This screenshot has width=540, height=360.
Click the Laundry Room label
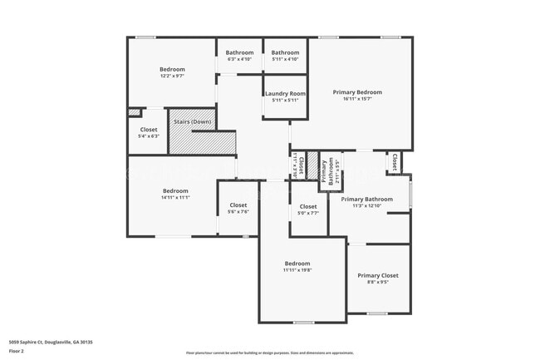pyautogui.click(x=286, y=94)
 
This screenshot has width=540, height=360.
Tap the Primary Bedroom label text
pyautogui.click(x=357, y=91)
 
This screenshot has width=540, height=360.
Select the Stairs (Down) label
pyautogui.click(x=192, y=122)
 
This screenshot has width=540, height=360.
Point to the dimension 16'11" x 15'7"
pyautogui.click(x=357, y=99)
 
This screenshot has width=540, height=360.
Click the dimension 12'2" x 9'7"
pyautogui.click(x=172, y=76)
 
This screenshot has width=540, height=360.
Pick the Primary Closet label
pyautogui.click(x=378, y=275)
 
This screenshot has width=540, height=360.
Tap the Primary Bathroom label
pyautogui.click(x=366, y=199)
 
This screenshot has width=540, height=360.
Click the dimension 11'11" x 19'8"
pyautogui.click(x=297, y=270)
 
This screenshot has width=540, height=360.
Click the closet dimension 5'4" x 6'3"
pyautogui.click(x=149, y=136)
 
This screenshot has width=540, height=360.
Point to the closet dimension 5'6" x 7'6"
pyautogui.click(x=238, y=212)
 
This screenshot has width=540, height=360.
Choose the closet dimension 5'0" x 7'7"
pyautogui.click(x=308, y=213)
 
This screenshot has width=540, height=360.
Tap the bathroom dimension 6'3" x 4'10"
pyautogui.click(x=239, y=59)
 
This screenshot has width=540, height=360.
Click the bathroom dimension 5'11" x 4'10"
pyautogui.click(x=285, y=59)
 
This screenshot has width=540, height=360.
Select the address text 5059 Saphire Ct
pyautogui.click(x=51, y=342)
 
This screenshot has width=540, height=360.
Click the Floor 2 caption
pyautogui.click(x=17, y=351)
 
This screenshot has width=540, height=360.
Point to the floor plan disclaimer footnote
pyautogui.click(x=270, y=353)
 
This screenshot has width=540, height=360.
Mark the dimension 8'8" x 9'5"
pyautogui.click(x=378, y=283)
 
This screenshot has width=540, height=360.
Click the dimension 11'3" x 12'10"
pyautogui.click(x=366, y=205)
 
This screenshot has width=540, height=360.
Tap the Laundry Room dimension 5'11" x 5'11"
pyautogui.click(x=286, y=101)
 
